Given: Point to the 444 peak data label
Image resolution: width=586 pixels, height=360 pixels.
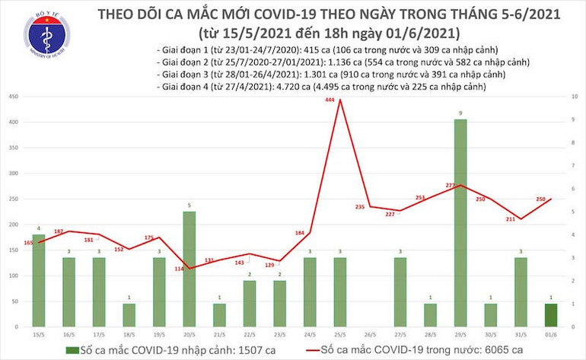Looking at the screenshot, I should click(x=329, y=100).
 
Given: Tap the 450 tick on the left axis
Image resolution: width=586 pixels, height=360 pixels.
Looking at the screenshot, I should click(x=14, y=97).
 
